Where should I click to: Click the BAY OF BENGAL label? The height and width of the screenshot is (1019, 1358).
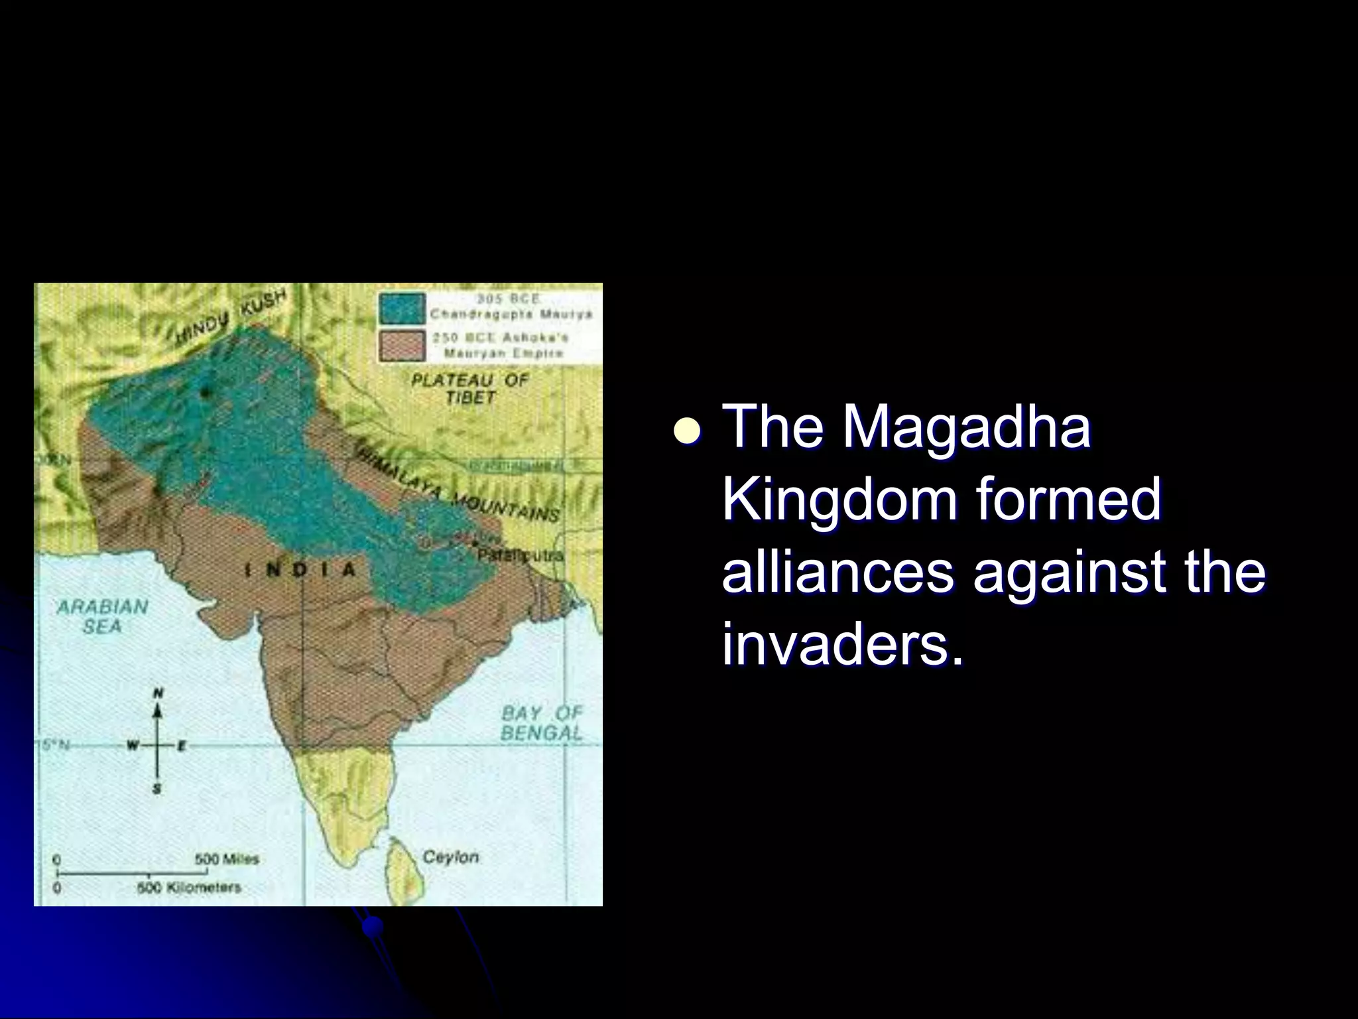pos(541,723)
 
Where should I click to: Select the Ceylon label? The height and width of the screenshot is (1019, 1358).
pos(450,856)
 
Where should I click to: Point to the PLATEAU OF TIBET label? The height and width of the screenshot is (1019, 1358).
pos(469,389)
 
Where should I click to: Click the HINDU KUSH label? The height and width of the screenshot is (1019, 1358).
pos(231,317)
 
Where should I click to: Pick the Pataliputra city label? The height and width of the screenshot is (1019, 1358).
pos(521,555)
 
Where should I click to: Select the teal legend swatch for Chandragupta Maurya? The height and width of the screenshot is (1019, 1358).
pos(401,308)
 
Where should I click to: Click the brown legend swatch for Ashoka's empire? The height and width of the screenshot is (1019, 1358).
pos(401,346)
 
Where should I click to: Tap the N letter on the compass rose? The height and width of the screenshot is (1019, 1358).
pos(158,693)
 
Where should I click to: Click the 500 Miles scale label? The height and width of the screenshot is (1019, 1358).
pos(226,859)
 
